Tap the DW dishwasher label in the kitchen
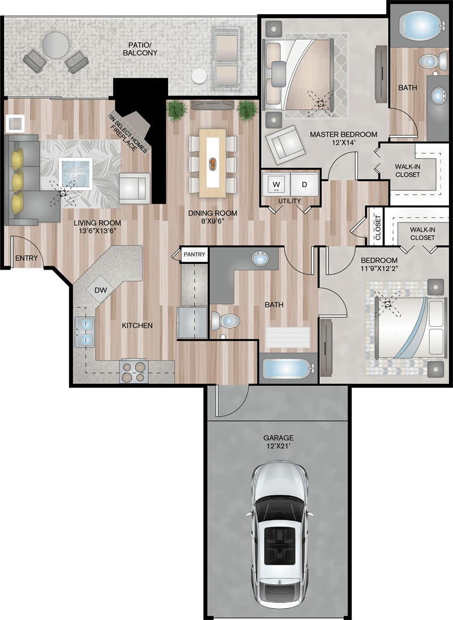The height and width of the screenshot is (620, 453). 101,290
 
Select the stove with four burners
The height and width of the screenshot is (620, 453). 134,371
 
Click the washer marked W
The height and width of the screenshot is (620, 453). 276,184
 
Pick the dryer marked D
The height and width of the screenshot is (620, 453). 305,184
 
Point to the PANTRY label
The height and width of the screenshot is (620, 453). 194,254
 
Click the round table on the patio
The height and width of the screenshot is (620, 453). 55,45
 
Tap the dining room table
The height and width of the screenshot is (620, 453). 213,163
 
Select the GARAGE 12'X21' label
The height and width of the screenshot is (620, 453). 278,442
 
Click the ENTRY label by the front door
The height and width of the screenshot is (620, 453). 27,258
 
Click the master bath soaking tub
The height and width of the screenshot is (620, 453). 419,24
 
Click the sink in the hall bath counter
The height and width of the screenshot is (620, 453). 260,259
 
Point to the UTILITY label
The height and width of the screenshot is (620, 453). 289,201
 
